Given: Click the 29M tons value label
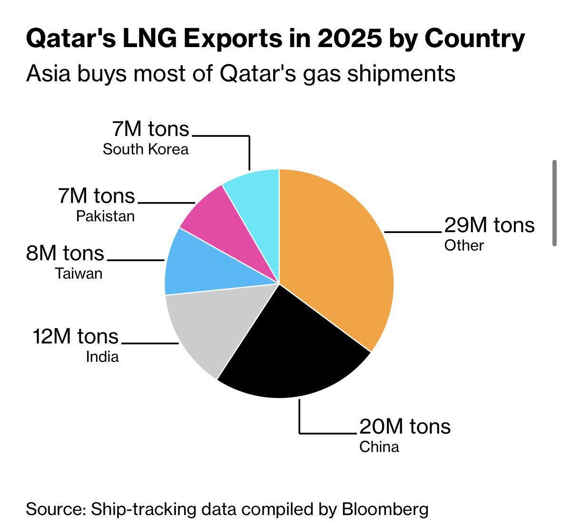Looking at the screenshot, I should pos(489,225).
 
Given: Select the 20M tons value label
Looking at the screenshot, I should pos(404,427).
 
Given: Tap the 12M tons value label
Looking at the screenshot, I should pos(76,337).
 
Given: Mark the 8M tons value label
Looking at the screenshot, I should pos(65,253).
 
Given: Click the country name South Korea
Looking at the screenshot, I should pos(146,149).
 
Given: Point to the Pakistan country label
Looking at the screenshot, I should pos(105,216).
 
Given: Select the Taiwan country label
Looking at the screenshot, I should pos(79,274).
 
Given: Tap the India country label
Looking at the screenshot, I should pos(102,357).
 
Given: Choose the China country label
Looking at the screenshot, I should pos(379,447).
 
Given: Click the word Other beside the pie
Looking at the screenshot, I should pos(464,245).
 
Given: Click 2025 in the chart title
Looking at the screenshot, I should pos(349,39).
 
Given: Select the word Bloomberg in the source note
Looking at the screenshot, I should pos(385,509).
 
